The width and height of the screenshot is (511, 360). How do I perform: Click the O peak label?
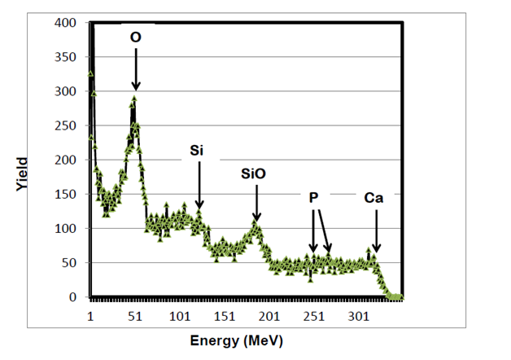pyautogui.click(x=136, y=37)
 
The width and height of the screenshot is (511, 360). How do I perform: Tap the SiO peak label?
pyautogui.click(x=254, y=173)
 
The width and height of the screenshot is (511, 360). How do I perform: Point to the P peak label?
pyautogui.click(x=314, y=198)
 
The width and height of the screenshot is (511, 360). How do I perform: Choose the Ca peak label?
pyautogui.click(x=374, y=198)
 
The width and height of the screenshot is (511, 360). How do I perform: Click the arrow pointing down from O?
pyautogui.click(x=136, y=68)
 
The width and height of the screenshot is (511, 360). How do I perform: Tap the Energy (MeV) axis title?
pyautogui.click(x=237, y=340)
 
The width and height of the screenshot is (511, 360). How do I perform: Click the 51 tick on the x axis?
pyautogui.click(x=135, y=315)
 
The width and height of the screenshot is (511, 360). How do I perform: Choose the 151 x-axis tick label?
pyautogui.click(x=224, y=315)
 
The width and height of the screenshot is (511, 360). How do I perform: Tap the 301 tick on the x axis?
pyautogui.click(x=357, y=315)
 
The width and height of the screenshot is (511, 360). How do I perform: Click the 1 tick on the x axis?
pyautogui.click(x=90, y=315)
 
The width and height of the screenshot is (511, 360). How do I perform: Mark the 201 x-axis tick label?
pyautogui.click(x=269, y=315)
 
